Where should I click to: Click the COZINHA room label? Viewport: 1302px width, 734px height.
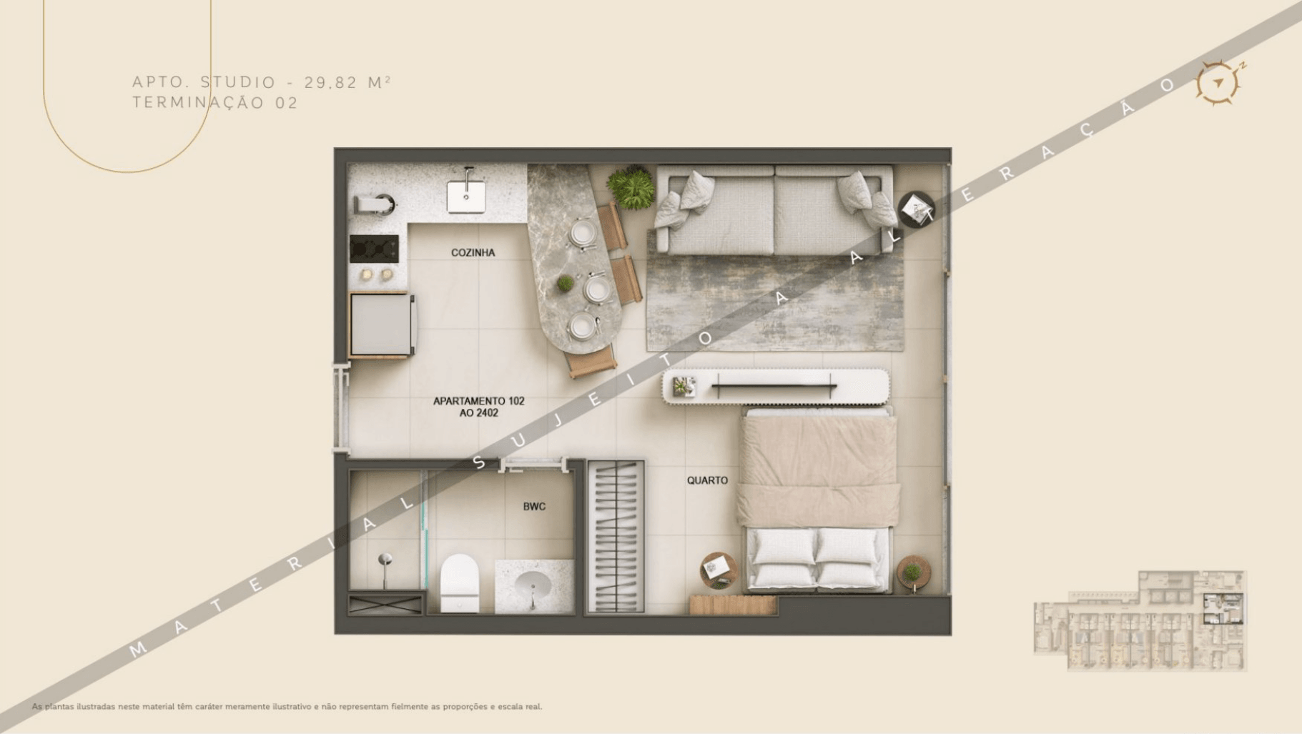pos(473,252)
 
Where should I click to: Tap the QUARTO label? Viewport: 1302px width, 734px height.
pos(707,480)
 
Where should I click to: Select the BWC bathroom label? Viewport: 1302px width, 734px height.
pos(534,507)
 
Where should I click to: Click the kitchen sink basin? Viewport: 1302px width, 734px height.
pos(466,197)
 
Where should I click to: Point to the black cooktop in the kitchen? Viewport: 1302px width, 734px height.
pos(374,249)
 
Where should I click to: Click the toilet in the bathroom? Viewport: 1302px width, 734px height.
pos(459,582)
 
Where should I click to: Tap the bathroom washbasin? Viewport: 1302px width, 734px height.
pos(533,587)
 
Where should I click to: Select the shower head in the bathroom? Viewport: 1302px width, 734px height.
pos(385,560)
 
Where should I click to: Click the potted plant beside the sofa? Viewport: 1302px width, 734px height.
pos(631,187)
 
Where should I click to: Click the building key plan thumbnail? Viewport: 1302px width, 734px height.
pos(1140,620)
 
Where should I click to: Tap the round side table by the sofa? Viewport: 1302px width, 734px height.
pos(915,209)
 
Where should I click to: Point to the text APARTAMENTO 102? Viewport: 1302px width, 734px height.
pos(478,401)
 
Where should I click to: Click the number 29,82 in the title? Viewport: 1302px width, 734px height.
pos(331,82)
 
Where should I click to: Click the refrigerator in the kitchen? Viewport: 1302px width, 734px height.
pos(381,325)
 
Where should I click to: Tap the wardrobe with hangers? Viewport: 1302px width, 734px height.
pos(616,537)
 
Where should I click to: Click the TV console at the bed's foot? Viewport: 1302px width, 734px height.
pos(776,387)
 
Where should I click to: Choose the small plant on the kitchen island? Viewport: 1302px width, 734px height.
pos(565,284)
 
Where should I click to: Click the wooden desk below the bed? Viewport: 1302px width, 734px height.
pos(733,605)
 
